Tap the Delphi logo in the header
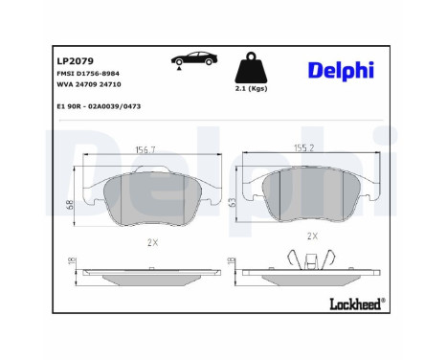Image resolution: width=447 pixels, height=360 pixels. pos(339,72)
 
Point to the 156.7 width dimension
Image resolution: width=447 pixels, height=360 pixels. pos(146,148)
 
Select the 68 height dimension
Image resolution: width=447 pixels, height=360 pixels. pos(70,203)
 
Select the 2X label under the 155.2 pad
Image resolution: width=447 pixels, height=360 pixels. pos(311,235)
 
